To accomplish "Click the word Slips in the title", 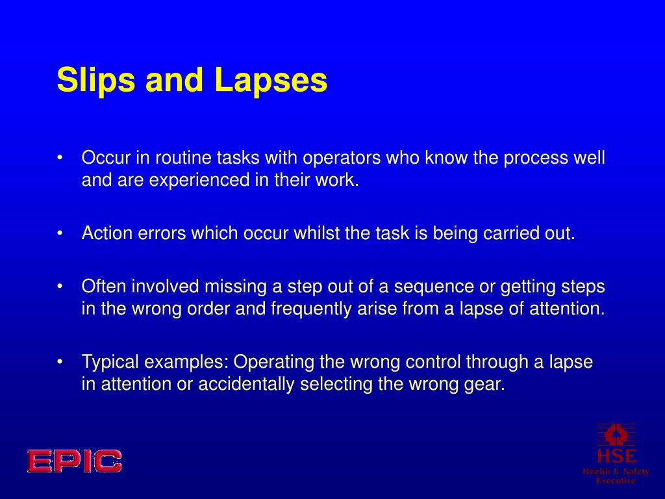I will [x=95, y=81].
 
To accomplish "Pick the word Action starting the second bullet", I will [x=107, y=233].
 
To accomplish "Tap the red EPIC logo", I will [x=74, y=461].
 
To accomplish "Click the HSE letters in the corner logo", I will [x=616, y=455].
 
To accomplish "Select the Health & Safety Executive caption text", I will [x=616, y=476].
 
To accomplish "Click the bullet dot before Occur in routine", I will [x=60, y=159].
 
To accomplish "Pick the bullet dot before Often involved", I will [x=60, y=287].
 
